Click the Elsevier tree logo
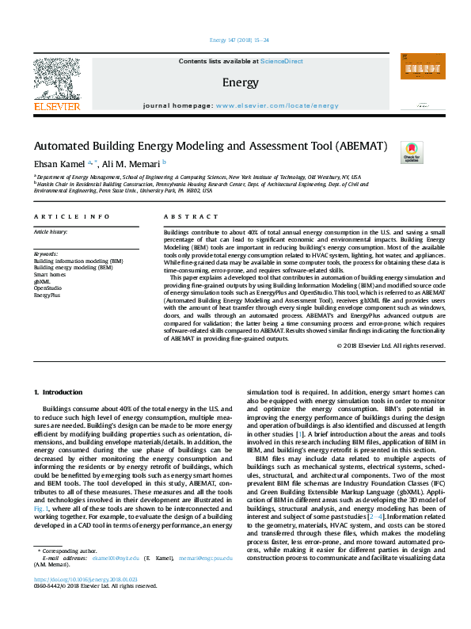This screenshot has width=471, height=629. [x=56, y=78]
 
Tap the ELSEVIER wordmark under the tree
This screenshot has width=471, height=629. [x=56, y=106]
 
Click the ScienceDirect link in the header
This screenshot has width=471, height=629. [x=283, y=61]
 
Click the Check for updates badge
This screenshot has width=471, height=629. [x=412, y=152]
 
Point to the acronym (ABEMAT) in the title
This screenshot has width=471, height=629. [x=351, y=147]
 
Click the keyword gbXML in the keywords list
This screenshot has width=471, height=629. [x=42, y=281]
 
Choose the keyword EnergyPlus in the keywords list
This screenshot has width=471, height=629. [x=48, y=294]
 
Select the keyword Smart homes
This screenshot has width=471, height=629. [x=50, y=275]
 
